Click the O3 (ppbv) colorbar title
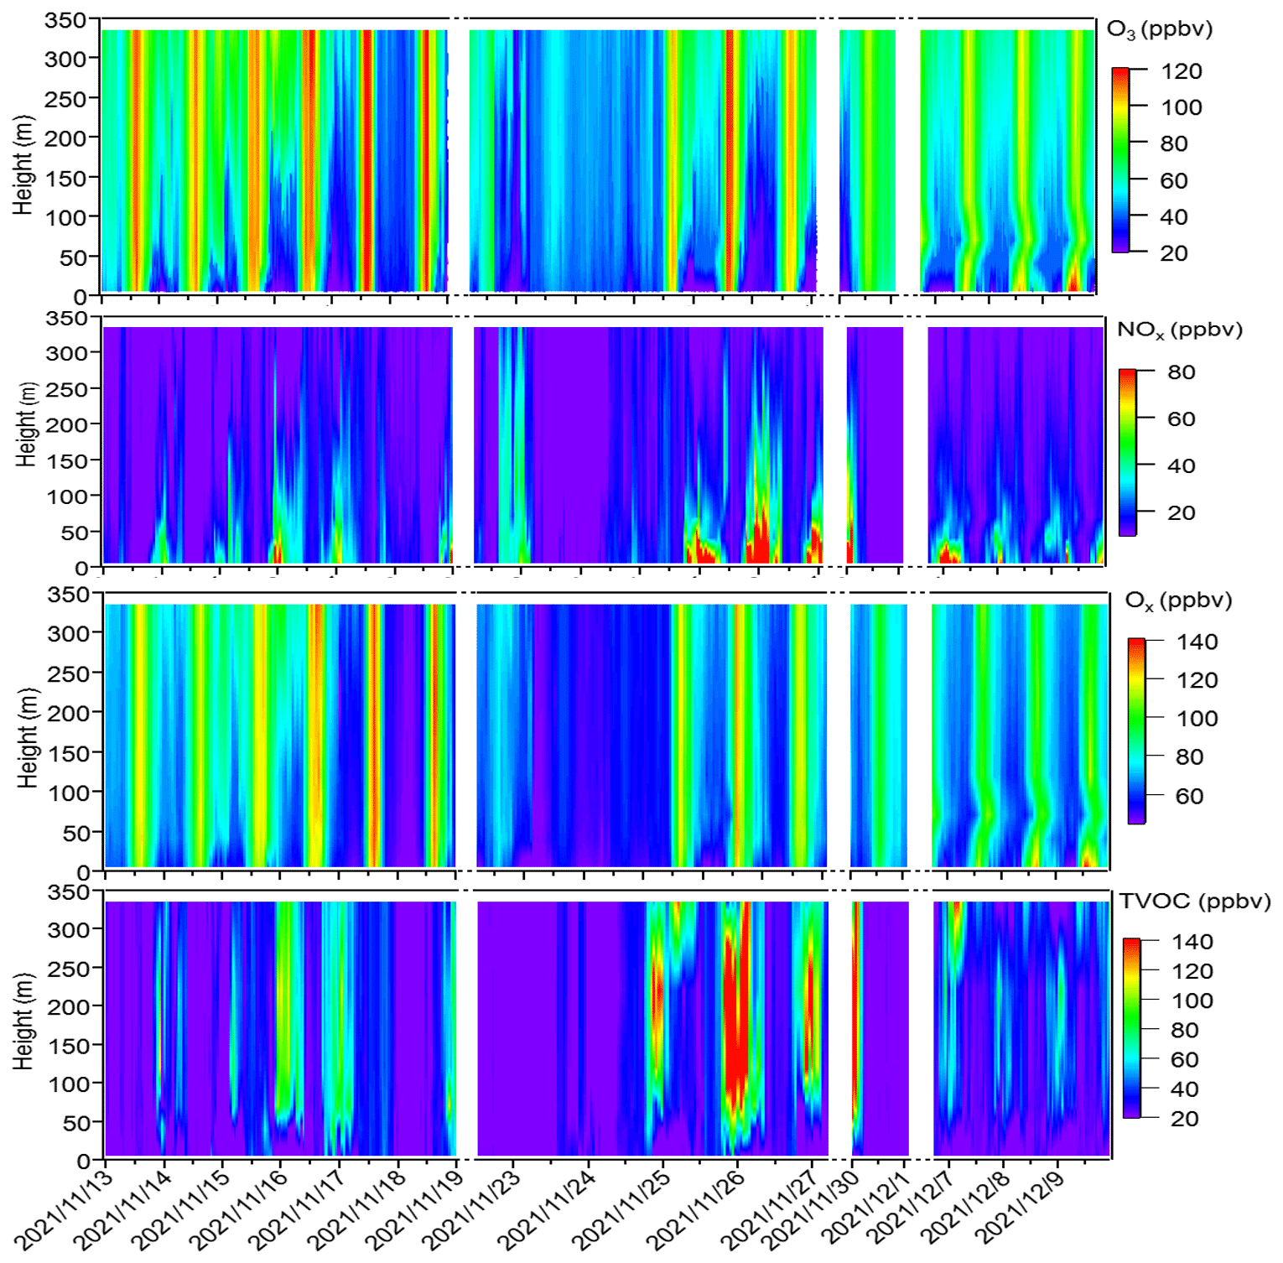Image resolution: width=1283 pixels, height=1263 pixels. pyautogui.click(x=1160, y=29)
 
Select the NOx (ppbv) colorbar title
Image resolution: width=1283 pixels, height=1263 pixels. pyautogui.click(x=1179, y=330)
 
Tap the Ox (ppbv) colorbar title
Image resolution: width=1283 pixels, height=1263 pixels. pyautogui.click(x=1178, y=600)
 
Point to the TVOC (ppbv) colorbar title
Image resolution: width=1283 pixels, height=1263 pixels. pyautogui.click(x=1194, y=901)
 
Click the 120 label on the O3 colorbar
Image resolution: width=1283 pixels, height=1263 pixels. pyautogui.click(x=1181, y=71)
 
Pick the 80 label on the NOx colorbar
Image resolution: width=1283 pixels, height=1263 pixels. pyautogui.click(x=1181, y=372)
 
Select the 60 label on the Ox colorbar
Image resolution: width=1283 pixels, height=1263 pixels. pyautogui.click(x=1189, y=796)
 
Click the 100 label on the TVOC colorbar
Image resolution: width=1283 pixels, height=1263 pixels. pyautogui.click(x=1192, y=1001)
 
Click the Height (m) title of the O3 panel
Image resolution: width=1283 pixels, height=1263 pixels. pyautogui.click(x=23, y=165)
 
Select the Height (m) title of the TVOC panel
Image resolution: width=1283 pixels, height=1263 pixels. pyautogui.click(x=23, y=1021)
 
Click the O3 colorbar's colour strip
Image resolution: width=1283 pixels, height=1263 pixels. pyautogui.click(x=1120, y=159)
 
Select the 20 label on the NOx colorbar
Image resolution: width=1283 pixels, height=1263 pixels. pyautogui.click(x=1181, y=512)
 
